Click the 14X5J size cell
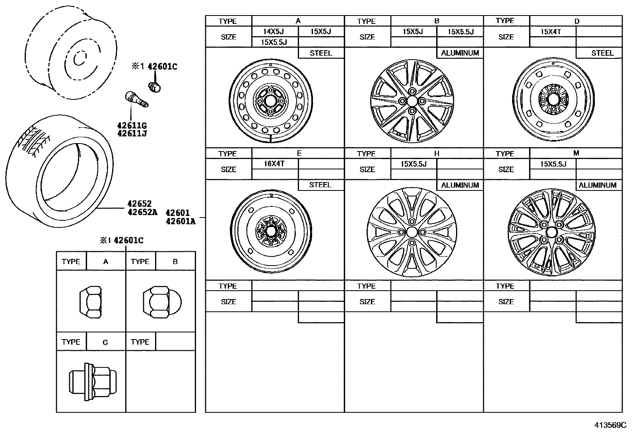[274, 31]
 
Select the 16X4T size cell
[274, 163]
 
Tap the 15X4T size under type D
[551, 31]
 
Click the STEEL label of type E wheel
[320, 185]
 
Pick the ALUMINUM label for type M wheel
[598, 185]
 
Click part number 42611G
[132, 126]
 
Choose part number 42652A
[142, 212]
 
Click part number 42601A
[181, 221]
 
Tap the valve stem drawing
[136, 99]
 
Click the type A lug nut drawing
[91, 302]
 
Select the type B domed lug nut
[161, 302]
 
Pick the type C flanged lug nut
[93, 382]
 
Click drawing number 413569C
[610, 425]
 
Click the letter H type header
[437, 153]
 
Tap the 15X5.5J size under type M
[553, 164]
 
